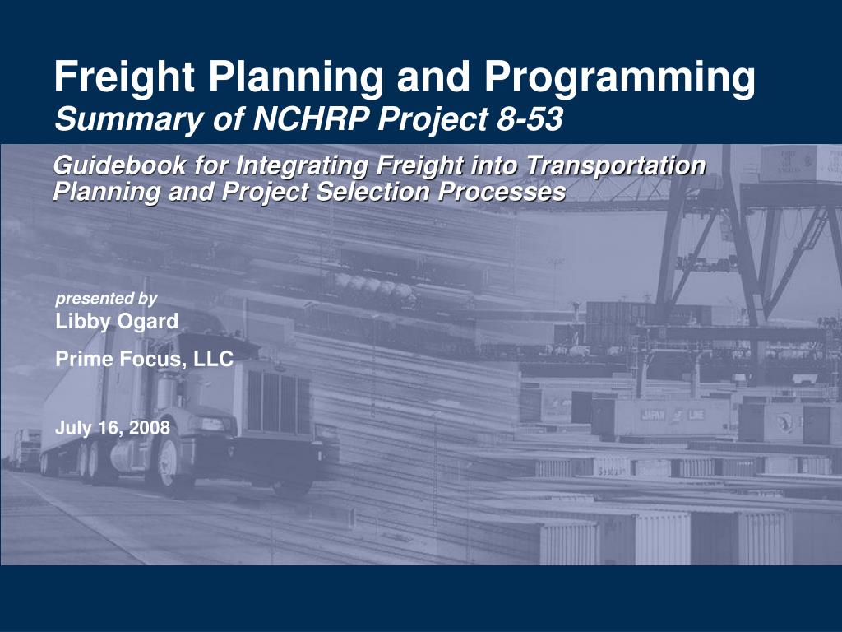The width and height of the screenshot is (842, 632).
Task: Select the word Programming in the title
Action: pyautogui.click(x=619, y=78)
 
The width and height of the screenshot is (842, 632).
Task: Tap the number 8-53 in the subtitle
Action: pyautogui.click(x=530, y=120)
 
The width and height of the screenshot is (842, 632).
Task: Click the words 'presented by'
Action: pyautogui.click(x=106, y=299)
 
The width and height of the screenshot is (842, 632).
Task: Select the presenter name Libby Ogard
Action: pyautogui.click(x=117, y=322)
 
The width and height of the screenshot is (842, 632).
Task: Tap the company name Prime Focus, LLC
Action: pyautogui.click(x=145, y=359)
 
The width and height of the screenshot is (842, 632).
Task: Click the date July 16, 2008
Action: pyautogui.click(x=113, y=428)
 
